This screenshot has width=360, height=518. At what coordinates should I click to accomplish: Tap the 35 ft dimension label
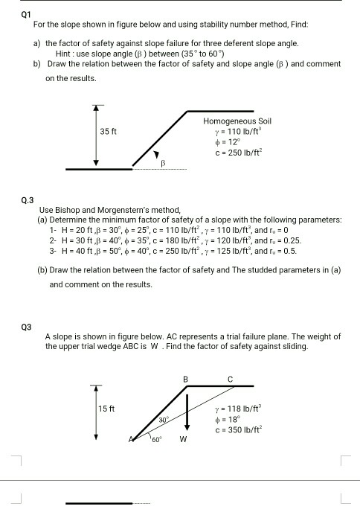[109, 132]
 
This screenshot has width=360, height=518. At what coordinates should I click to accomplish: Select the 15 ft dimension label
[107, 408]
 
